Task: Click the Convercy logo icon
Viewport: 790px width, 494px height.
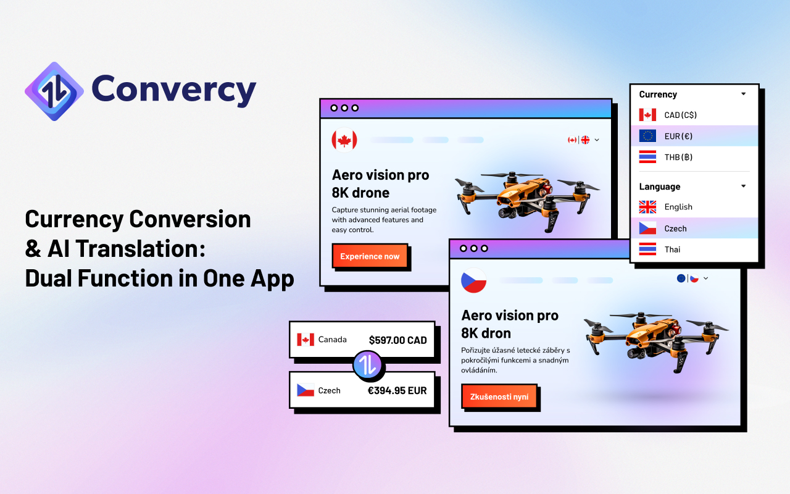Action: coord(54,91)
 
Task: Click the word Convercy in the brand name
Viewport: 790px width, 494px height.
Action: coord(173,90)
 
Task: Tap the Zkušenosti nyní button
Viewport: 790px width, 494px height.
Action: coord(499,396)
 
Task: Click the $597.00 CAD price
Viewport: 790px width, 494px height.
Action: coord(397,340)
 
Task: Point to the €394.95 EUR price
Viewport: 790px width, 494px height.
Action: coord(397,390)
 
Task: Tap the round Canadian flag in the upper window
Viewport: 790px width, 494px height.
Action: coord(344,140)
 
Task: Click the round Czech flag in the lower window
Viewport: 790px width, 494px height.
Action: coord(474,280)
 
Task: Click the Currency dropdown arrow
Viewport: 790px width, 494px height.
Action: coord(743,94)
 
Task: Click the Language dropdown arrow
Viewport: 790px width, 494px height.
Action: coord(743,186)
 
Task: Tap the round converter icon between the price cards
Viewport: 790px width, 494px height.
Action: coord(368,365)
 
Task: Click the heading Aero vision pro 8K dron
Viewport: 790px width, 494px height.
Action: coord(510,324)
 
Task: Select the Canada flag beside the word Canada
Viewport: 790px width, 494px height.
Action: coord(306,340)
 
